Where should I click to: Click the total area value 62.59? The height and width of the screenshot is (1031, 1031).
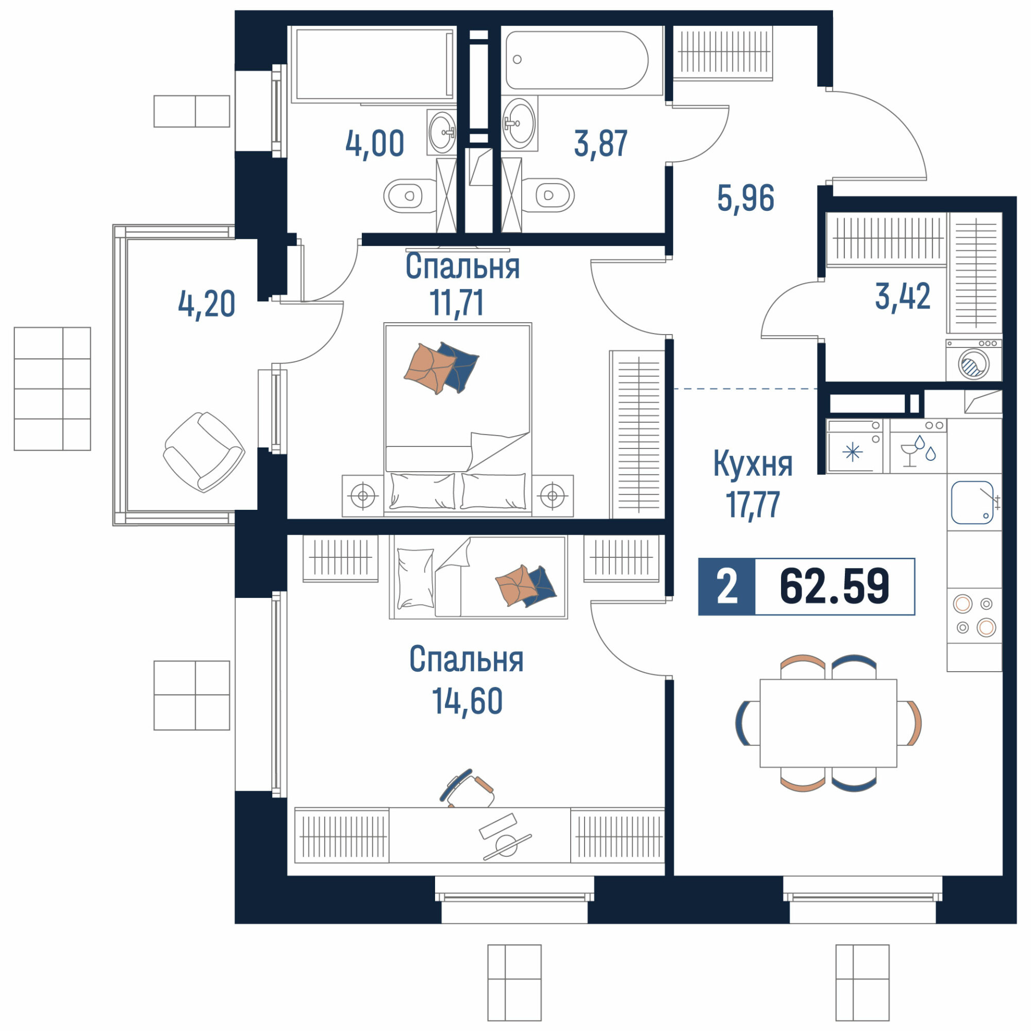(834, 587)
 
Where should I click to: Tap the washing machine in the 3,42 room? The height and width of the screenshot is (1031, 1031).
(973, 360)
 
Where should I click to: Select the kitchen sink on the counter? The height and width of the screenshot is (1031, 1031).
(972, 502)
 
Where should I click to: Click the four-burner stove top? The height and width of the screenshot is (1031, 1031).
(974, 616)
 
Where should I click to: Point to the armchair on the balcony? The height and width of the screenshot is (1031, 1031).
(204, 452)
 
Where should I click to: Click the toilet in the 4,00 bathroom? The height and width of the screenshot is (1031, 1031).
(410, 196)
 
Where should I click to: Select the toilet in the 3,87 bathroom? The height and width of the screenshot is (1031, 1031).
(548, 195)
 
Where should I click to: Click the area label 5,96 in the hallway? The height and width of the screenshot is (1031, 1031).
(745, 198)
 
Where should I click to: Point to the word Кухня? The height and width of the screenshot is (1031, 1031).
(753, 464)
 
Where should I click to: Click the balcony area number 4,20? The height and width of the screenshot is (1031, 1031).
(206, 304)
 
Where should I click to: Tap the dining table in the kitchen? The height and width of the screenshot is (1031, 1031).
(828, 723)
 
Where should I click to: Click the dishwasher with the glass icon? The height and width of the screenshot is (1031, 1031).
(918, 446)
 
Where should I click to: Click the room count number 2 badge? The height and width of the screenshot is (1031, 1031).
(727, 587)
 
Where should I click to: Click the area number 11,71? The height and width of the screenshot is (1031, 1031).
(457, 303)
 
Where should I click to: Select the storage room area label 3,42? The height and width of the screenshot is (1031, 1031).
(903, 296)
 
